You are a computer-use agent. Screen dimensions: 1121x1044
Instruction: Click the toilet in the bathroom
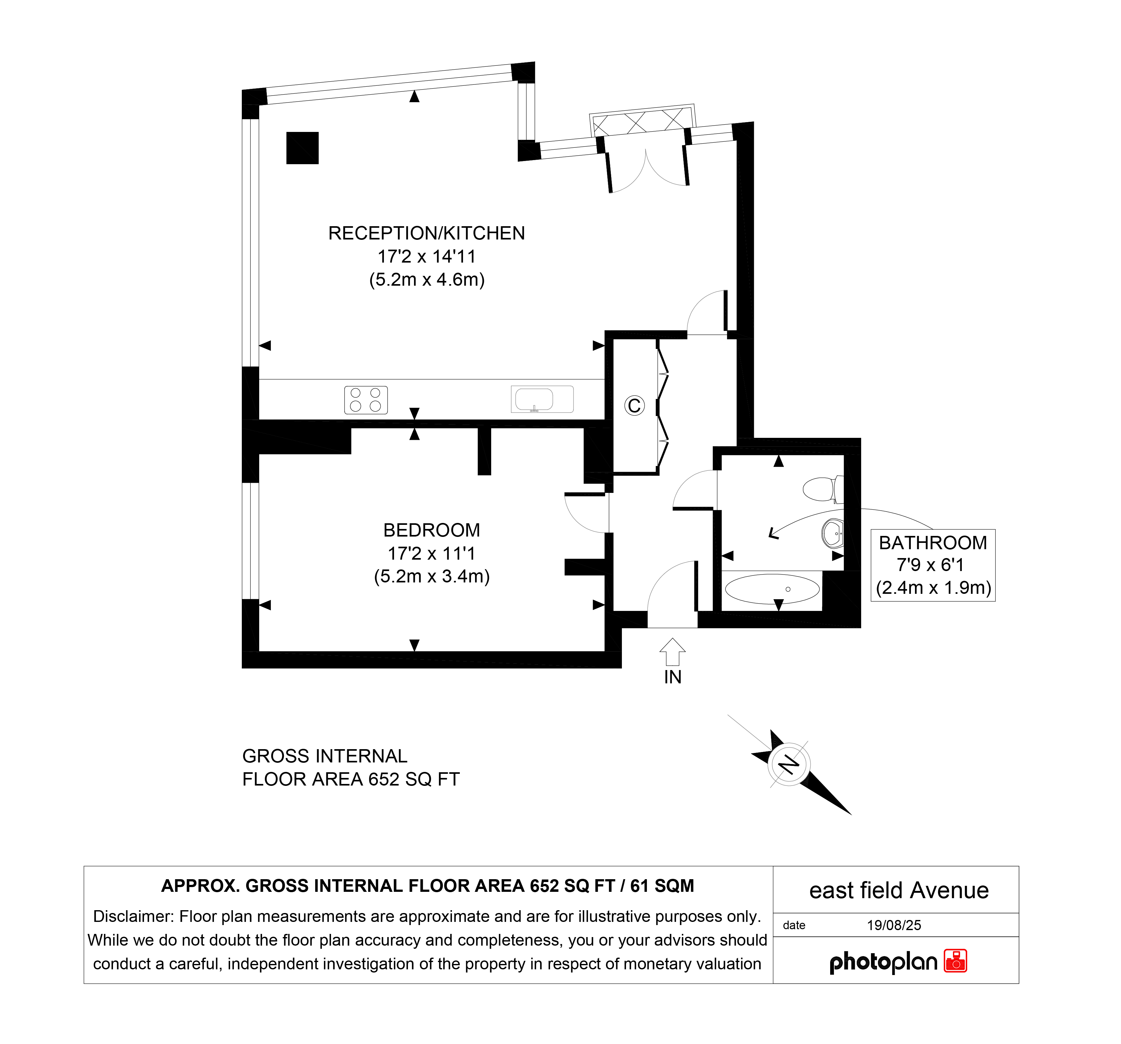tap(823, 489)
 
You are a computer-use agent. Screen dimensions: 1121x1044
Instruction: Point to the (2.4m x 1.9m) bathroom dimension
tap(933, 587)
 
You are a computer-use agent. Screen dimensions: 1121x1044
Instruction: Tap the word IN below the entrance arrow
tap(673, 677)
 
